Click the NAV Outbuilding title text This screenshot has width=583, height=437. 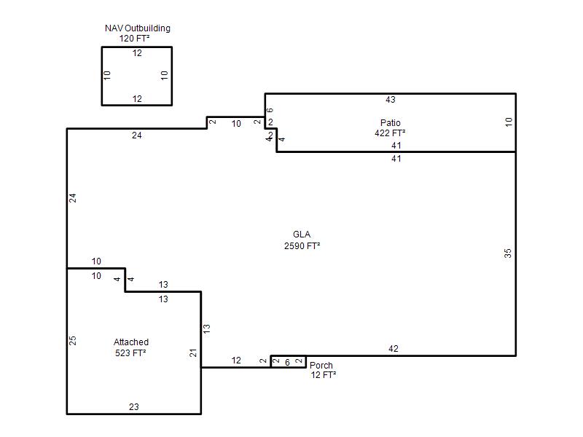(138, 28)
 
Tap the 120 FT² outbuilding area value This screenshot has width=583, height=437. (134, 39)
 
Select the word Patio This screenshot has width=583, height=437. (390, 122)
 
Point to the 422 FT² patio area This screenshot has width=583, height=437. (390, 133)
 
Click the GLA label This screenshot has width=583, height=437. (302, 235)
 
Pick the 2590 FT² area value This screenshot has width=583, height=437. (302, 246)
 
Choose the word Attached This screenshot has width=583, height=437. (131, 342)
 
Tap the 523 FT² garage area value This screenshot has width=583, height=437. (130, 353)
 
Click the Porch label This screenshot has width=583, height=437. (321, 366)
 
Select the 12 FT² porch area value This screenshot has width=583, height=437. (323, 375)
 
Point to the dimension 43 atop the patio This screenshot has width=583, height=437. (391, 100)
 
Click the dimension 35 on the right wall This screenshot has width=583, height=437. (507, 253)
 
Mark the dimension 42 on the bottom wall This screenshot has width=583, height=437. (394, 349)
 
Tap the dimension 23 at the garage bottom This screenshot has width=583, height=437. (134, 407)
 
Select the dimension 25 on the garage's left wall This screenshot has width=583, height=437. (72, 340)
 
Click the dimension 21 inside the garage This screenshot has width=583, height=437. (193, 353)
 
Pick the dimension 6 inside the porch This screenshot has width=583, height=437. (287, 362)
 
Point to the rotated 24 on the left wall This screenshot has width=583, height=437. (72, 198)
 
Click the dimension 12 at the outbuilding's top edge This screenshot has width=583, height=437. (137, 53)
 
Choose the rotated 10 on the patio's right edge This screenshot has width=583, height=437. (509, 122)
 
